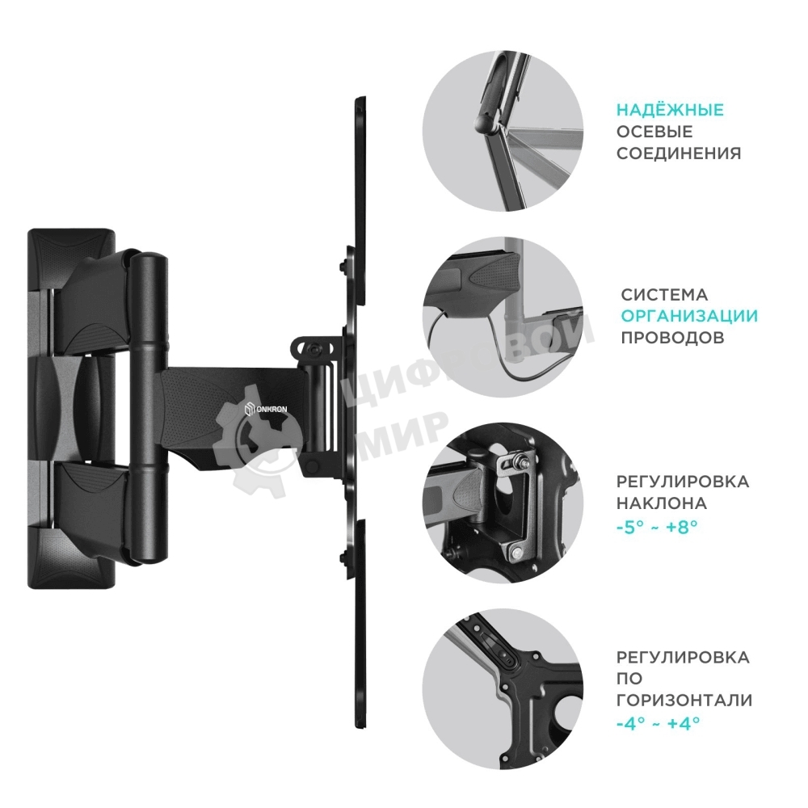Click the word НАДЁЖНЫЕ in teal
point(670,111)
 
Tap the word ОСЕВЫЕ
point(654,132)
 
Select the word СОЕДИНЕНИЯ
point(679,153)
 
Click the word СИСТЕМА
point(664,295)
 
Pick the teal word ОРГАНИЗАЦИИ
point(689,316)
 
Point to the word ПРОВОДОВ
point(672,337)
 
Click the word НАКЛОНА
point(662,503)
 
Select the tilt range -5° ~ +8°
point(656,524)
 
